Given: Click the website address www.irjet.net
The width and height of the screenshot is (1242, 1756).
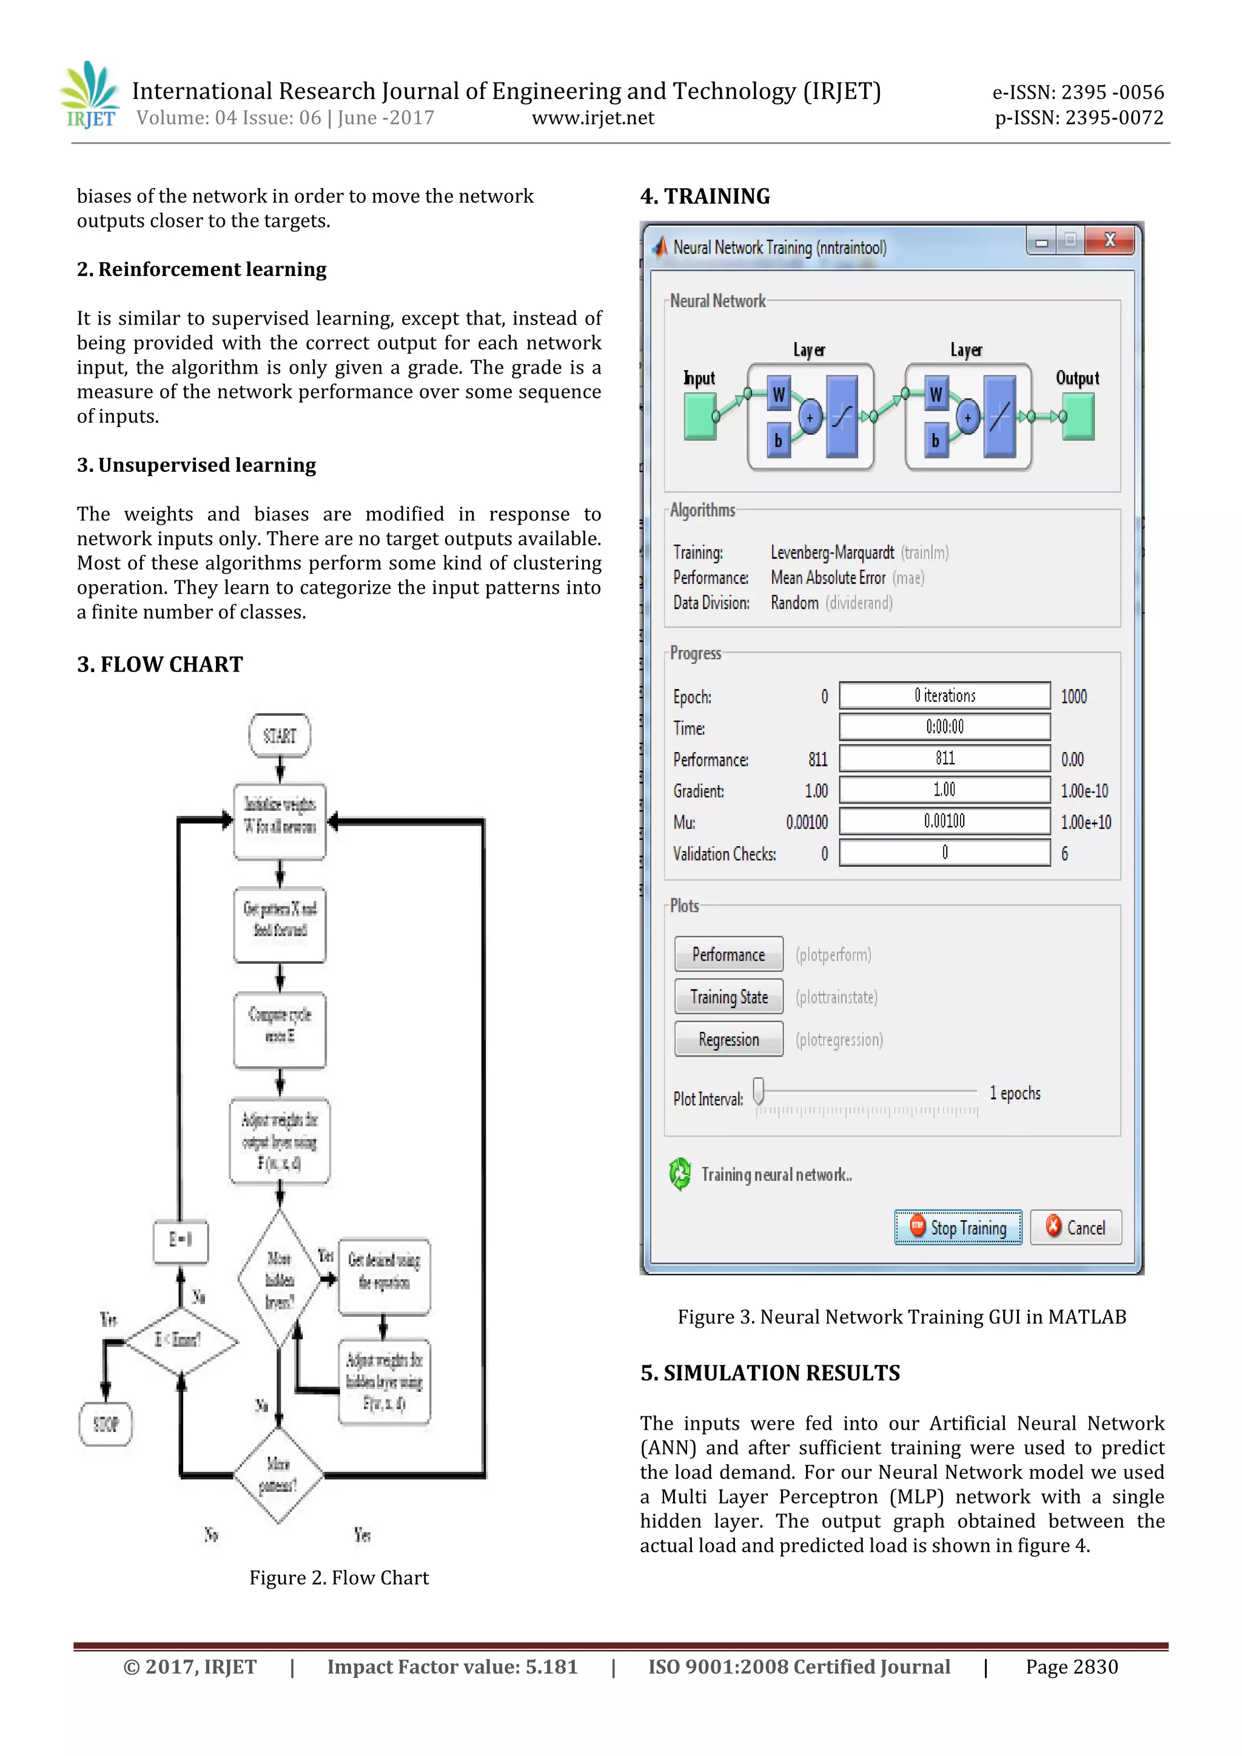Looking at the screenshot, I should (592, 118).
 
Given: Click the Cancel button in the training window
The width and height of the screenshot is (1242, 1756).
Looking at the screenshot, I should (1075, 1228).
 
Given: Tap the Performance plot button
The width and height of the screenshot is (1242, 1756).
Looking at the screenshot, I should (728, 955).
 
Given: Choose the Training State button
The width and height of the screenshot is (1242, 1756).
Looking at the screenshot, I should (728, 997).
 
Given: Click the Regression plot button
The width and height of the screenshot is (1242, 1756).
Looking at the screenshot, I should (728, 1040).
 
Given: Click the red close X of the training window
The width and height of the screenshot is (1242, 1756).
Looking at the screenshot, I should (1109, 240).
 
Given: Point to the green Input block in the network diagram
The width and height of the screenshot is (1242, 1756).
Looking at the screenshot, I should (699, 416).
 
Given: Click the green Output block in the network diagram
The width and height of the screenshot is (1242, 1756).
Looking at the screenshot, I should (1078, 416).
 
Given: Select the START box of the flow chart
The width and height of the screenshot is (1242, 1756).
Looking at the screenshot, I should (279, 736).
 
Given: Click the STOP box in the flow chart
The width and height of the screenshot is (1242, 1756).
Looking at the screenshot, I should (106, 1424).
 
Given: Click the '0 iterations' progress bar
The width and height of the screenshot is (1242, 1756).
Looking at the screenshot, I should (944, 696).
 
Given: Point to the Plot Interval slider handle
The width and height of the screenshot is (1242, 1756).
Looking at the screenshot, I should (759, 1091).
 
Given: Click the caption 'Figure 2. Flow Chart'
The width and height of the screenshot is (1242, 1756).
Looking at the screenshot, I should (339, 1578).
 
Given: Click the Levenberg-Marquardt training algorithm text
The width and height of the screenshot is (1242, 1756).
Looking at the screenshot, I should (832, 552).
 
